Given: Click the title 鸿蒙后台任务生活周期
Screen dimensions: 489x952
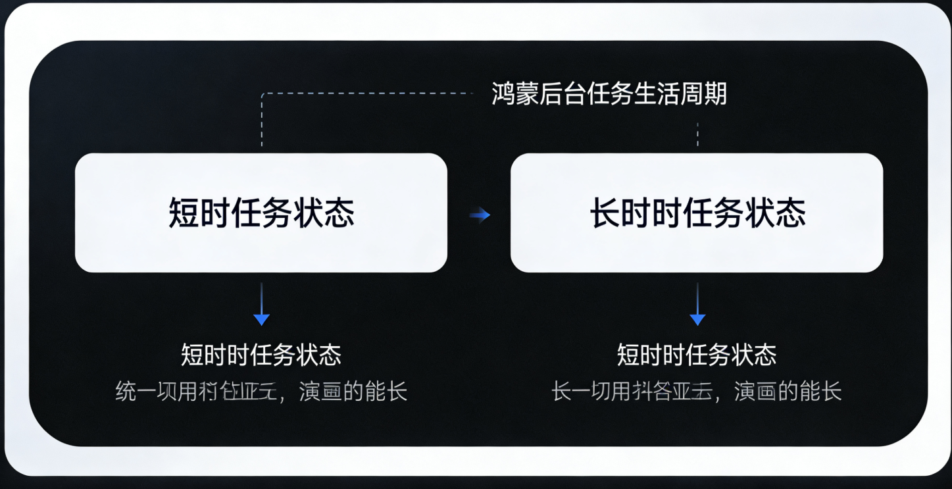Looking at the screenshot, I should [x=609, y=94].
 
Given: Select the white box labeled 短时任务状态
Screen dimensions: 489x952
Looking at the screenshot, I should [x=261, y=213].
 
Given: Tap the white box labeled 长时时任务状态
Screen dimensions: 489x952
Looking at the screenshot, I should [x=697, y=213].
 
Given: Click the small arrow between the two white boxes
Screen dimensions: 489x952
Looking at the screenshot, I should [x=480, y=215].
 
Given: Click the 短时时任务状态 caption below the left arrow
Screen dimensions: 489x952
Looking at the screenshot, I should [x=261, y=355].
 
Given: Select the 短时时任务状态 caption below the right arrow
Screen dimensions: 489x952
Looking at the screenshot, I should [x=697, y=355].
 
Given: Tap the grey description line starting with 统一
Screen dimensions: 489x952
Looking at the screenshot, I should [x=261, y=392].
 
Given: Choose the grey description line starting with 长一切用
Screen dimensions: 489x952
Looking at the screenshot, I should [x=697, y=392].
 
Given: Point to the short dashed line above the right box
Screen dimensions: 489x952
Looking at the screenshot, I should [x=697, y=134].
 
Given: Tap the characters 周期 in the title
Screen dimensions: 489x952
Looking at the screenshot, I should [x=703, y=94].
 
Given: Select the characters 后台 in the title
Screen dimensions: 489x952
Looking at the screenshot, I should [x=563, y=94].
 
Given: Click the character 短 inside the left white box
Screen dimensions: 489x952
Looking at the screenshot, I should [x=184, y=213].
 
